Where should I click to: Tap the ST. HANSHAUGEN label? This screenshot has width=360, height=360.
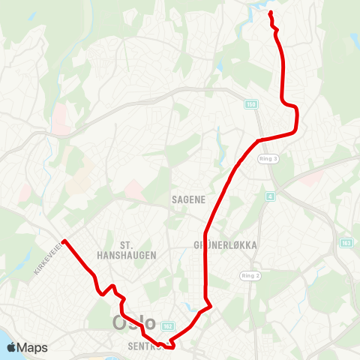(x=138, y=250)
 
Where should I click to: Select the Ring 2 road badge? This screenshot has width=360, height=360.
(x=250, y=276)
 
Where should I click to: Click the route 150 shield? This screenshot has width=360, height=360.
(x=250, y=104)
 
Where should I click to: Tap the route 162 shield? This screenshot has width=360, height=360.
(x=167, y=327)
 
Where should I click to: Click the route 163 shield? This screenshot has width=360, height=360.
(x=346, y=243)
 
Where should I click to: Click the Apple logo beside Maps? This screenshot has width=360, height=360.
(x=11, y=347)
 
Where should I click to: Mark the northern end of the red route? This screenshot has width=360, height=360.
(x=269, y=15)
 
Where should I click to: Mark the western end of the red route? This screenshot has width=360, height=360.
(x=64, y=241)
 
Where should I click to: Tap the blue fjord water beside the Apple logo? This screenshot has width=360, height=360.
(x=4, y=334)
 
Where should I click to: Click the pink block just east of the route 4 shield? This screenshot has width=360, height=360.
(x=312, y=180)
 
